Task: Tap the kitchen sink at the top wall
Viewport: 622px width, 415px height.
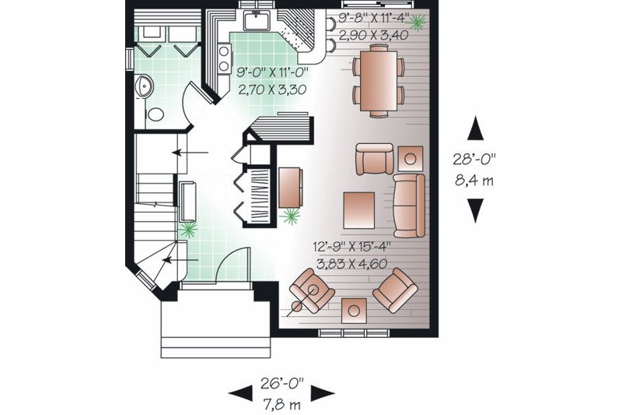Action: (255, 19)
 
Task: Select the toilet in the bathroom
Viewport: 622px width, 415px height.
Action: (155, 114)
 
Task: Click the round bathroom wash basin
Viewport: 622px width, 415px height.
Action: (143, 86)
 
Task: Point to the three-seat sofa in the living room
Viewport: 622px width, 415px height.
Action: (409, 205)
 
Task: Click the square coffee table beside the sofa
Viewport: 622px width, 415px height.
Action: (360, 208)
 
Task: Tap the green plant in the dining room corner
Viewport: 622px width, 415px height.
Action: (418, 23)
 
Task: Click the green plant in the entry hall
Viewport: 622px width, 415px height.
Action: (187, 229)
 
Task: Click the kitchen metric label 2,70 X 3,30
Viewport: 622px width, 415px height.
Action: (270, 90)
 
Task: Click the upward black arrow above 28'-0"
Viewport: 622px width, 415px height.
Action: (475, 125)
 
